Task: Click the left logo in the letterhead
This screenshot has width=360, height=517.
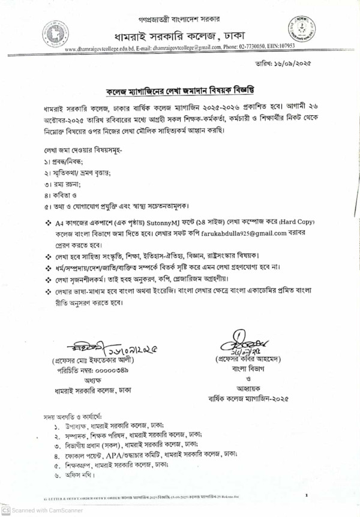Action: click(56, 32)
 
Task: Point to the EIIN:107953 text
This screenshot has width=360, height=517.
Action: click(296, 46)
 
